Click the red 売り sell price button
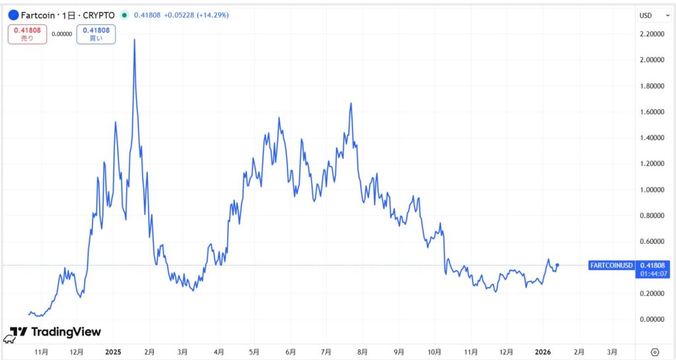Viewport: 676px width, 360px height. tap(27, 34)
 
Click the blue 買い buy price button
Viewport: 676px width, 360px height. tap(96, 34)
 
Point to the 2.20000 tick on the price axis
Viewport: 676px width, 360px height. tap(653, 34)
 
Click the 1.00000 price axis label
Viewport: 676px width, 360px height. tap(653, 190)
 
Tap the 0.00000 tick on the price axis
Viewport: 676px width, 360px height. tap(653, 319)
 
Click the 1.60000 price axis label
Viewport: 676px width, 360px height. tap(653, 112)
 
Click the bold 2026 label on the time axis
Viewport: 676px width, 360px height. tap(542, 351)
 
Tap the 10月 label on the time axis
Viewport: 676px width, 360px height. tap(434, 351)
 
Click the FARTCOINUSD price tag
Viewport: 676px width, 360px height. tap(610, 265)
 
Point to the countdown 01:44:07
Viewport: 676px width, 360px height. tap(652, 273)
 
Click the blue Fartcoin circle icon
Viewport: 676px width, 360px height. tap(13, 15)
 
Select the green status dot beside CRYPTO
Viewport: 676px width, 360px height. tap(123, 15)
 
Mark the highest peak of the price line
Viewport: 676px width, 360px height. tap(135, 40)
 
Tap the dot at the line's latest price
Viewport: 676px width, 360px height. tap(558, 265)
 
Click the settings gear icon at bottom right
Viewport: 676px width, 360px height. tap(655, 351)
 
